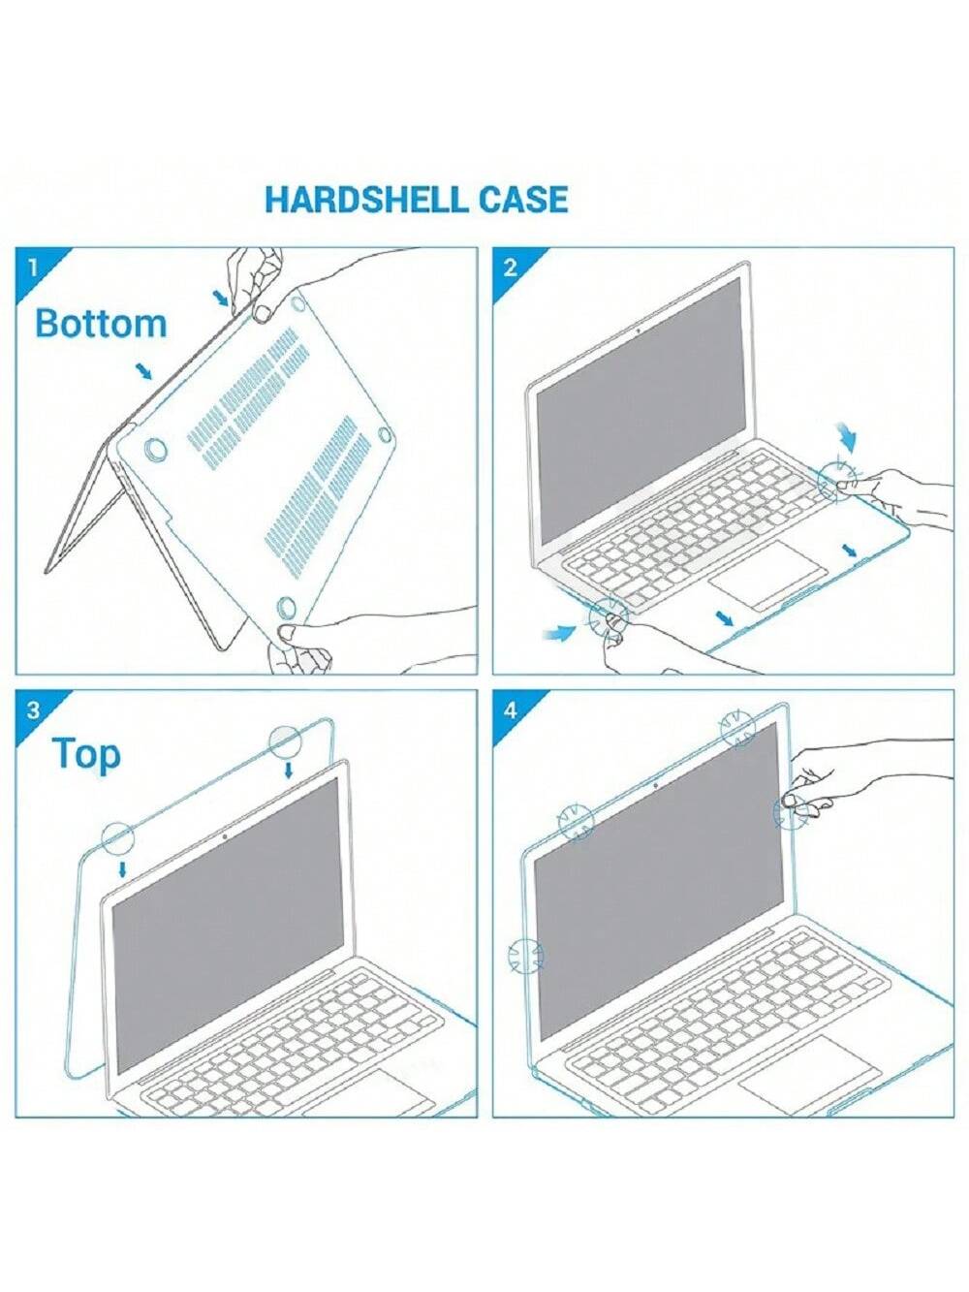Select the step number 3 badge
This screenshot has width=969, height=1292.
coord(34,709)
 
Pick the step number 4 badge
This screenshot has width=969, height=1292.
coord(511,709)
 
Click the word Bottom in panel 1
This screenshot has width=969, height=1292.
coord(101,323)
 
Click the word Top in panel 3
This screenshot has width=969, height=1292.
coord(86,755)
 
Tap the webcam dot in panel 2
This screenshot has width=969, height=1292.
coord(639,329)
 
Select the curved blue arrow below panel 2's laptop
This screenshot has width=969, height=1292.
coord(558,632)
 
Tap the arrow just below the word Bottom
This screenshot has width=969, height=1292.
coord(143,371)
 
